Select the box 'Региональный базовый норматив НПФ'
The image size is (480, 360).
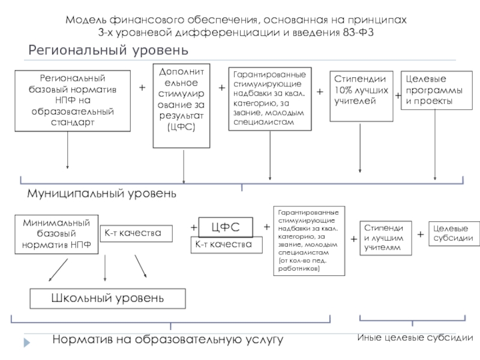[72, 100]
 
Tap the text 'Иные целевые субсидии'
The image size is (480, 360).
[415, 338]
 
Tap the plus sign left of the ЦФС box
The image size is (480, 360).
[193, 228]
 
